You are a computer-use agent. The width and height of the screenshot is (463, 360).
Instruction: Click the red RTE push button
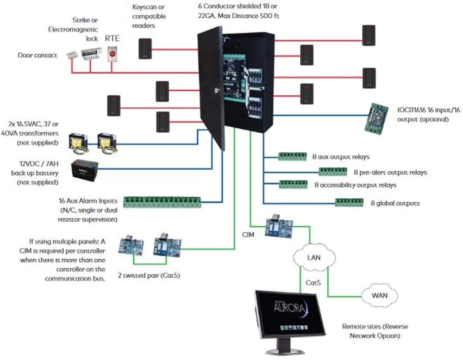pyautogui.click(x=112, y=55)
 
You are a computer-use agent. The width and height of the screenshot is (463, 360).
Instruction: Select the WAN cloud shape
pyautogui.click(x=379, y=295)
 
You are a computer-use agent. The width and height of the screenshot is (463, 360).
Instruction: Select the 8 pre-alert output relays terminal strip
pyautogui.click(x=332, y=172)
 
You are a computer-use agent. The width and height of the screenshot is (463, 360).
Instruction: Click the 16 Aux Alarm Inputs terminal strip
pyautogui.click(x=162, y=202)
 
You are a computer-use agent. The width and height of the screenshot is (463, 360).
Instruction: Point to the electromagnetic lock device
pyautogui.click(x=90, y=55)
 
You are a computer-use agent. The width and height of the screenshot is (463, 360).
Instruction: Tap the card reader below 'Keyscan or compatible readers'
pyautogui.click(x=144, y=48)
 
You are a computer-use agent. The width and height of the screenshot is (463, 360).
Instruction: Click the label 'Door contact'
pyautogui.click(x=38, y=56)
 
